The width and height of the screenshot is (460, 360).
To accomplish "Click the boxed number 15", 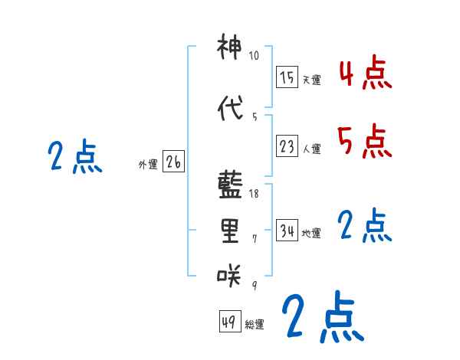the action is coord(287,77).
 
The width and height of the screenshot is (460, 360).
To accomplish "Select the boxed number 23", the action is coord(287,146).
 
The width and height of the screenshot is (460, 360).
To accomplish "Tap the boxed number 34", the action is coord(287,231).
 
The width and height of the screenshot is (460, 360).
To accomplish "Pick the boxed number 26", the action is coord(173,162).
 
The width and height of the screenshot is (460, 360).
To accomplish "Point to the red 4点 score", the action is coord(365,75).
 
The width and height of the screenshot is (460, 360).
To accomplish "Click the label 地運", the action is coord(311,234).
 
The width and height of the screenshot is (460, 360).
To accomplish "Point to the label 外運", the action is coord(147,164).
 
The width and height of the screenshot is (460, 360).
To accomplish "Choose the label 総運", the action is coord(255,325).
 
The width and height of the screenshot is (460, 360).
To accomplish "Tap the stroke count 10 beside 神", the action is coord(255,56).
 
